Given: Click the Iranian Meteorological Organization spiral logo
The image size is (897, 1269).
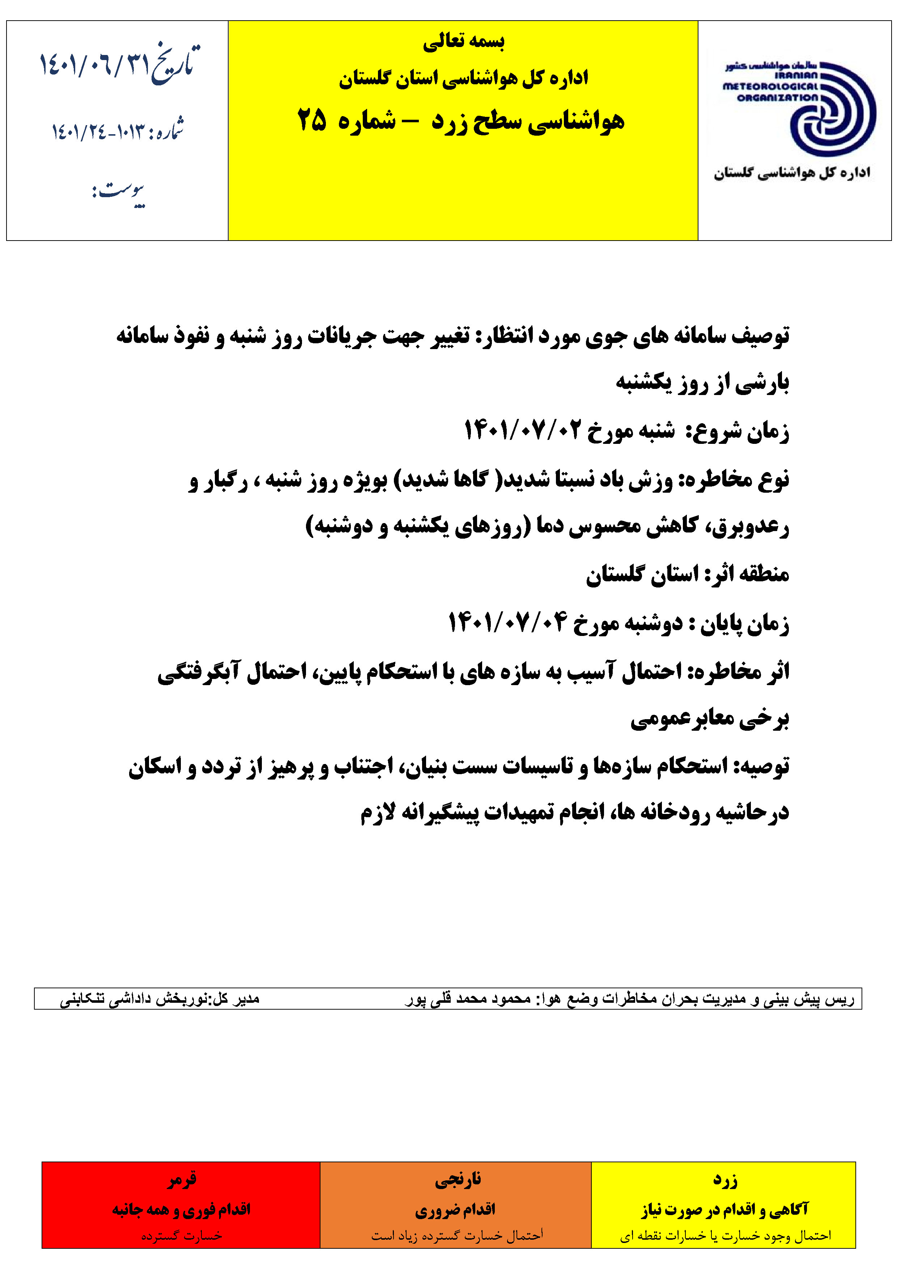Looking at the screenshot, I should coord(832,108).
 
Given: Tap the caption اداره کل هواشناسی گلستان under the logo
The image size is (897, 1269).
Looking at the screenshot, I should coord(792,173).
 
